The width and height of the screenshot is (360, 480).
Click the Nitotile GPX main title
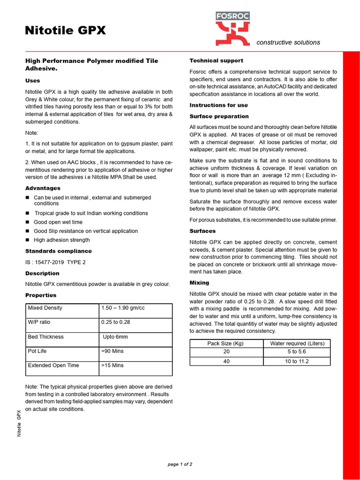65,31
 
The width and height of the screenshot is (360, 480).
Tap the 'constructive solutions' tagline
288,42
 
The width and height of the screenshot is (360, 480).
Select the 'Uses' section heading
32,81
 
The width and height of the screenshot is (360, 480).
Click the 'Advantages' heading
43,188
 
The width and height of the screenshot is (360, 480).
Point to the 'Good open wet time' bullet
58,222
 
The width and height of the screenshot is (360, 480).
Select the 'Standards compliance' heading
58,251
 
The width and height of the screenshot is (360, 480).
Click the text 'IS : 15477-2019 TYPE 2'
55,262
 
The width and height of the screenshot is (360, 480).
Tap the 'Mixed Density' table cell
45,308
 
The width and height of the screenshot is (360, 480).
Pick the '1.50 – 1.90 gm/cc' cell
123,308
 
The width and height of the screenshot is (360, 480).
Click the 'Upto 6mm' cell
115,337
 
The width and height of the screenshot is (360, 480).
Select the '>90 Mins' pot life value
112,351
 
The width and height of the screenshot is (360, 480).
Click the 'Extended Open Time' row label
53,365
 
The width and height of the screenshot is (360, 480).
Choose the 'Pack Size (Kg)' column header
226,344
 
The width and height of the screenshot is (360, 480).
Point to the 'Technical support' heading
216,60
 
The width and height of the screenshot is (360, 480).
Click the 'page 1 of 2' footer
180,464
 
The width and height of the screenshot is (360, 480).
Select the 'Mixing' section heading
199,283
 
